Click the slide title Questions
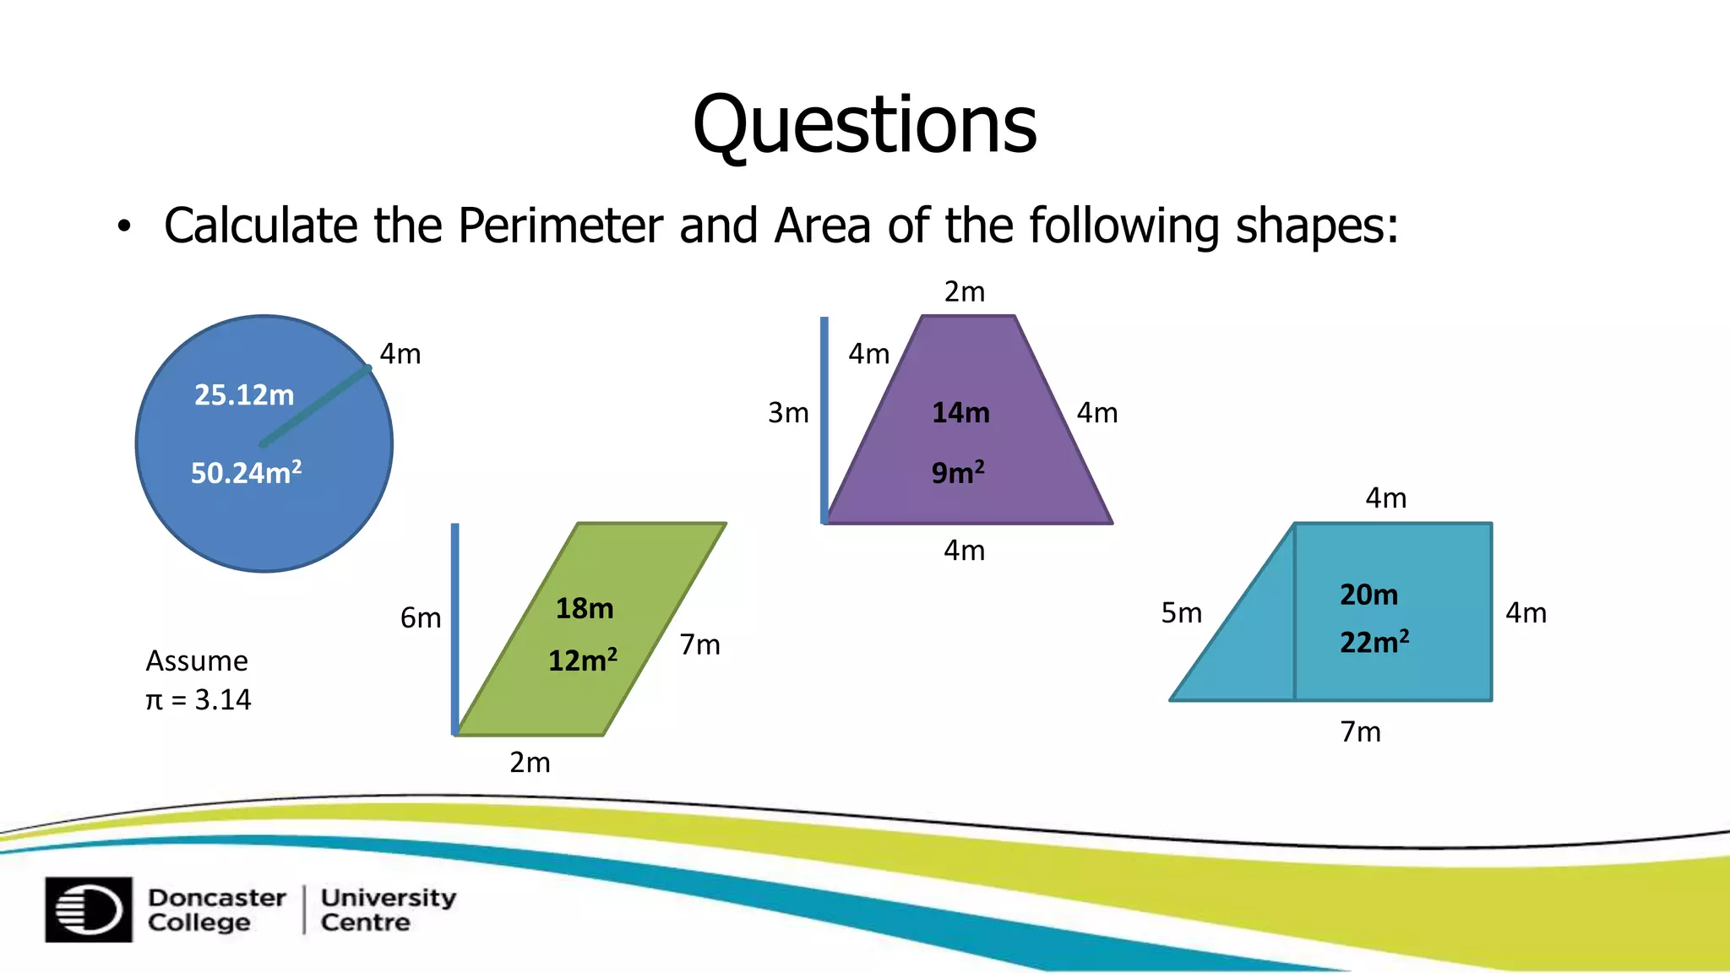point(864,125)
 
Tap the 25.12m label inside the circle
point(244,395)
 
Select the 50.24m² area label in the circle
point(246,472)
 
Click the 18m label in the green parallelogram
point(585,608)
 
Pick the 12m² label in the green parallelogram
point(583,660)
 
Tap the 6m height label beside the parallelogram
point(421,618)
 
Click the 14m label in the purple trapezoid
point(960,413)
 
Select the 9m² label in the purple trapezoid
point(958,472)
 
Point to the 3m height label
point(788,413)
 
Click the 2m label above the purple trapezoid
point(964,292)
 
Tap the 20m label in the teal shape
point(1368,595)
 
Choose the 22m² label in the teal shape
point(1374,642)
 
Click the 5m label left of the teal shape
point(1181,613)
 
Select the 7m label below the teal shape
point(1360,731)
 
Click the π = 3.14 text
point(199,699)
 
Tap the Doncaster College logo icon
point(89,910)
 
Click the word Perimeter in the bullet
point(560,226)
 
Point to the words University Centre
point(388,910)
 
